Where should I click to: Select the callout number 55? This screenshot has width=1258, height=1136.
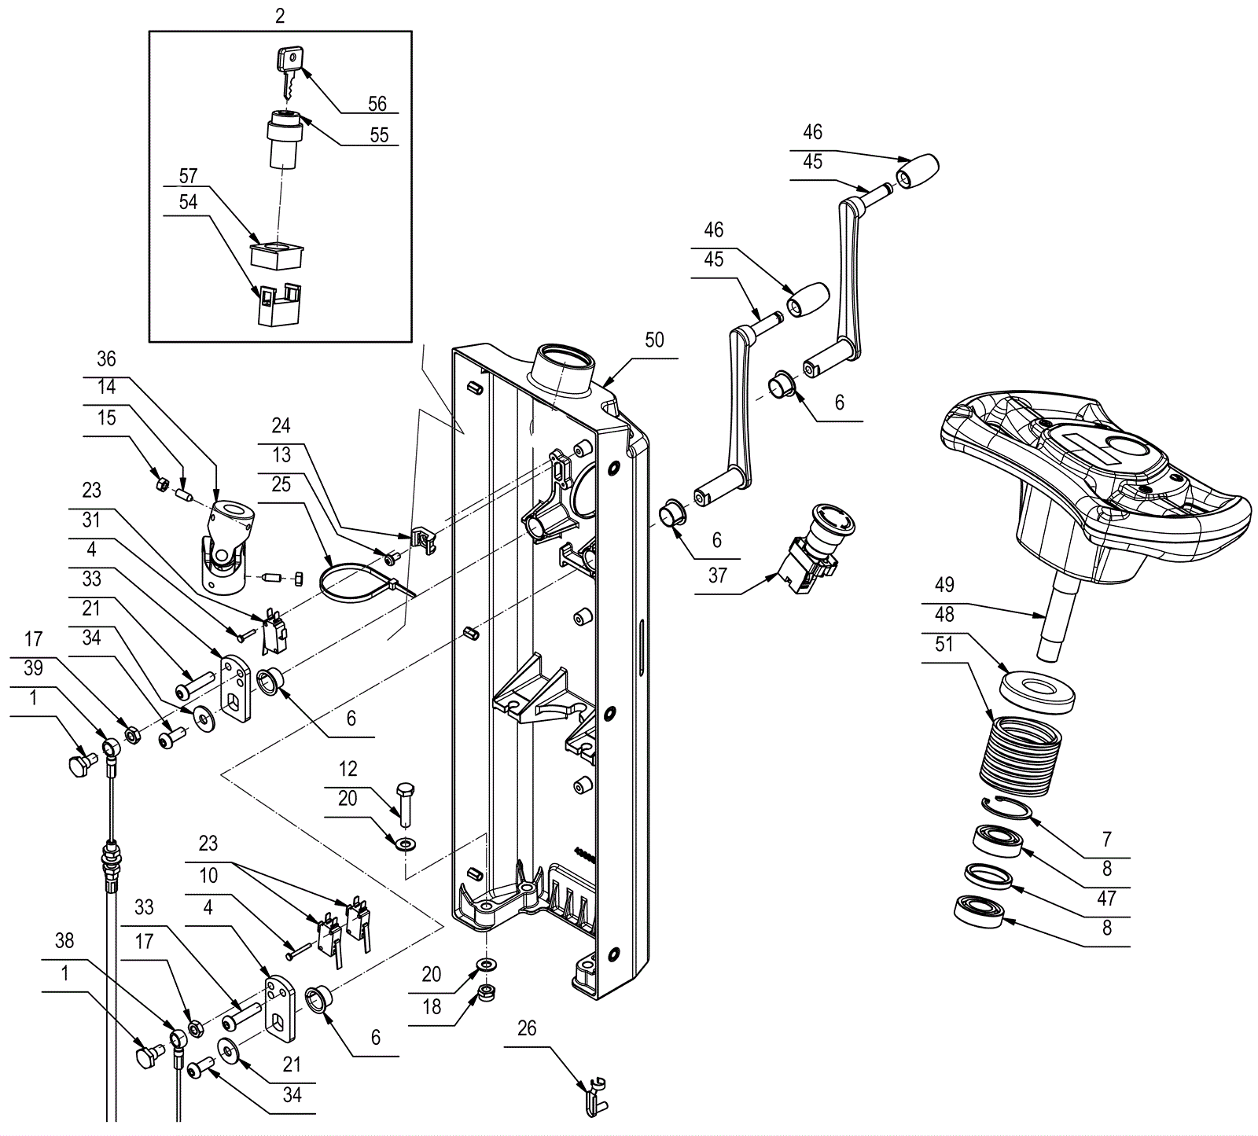tap(379, 135)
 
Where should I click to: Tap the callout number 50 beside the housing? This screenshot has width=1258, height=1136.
tap(654, 340)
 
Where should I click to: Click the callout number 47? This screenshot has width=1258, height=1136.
tap(1106, 897)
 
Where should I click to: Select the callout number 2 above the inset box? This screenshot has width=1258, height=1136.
tap(281, 16)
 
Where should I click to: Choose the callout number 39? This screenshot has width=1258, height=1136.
tap(33, 668)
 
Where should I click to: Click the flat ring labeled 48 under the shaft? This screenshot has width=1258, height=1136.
tap(1038, 692)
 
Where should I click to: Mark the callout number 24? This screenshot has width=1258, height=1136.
tap(281, 426)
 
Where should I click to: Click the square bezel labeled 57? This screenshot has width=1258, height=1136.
tap(277, 254)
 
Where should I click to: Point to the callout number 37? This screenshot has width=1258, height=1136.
tap(717, 575)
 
